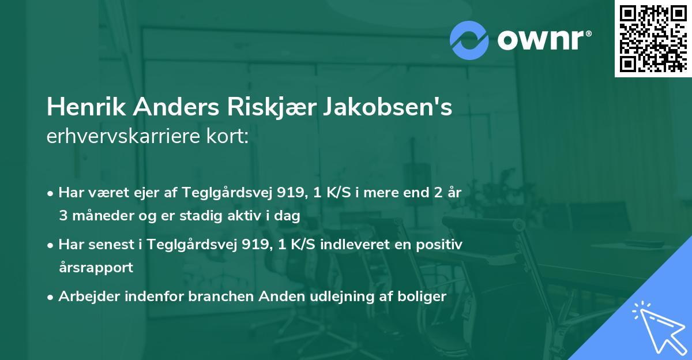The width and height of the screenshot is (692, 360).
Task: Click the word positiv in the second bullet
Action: pyautogui.click(x=441, y=245)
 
